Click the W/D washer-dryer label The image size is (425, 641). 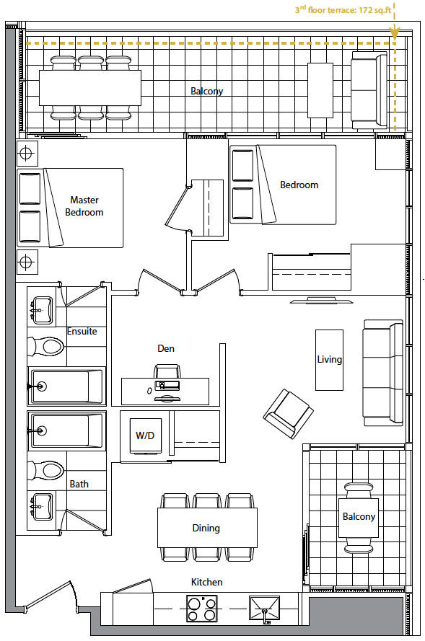[145, 436]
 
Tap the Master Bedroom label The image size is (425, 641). [84, 206]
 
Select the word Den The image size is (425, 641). [166, 348]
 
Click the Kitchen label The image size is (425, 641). [207, 582]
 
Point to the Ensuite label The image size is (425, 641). [82, 331]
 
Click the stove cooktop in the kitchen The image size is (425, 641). [201, 609]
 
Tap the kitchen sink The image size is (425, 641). [265, 609]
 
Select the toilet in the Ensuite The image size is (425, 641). [45, 347]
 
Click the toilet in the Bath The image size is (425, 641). [45, 471]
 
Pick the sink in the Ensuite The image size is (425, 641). [42, 311]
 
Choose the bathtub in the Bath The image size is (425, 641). [66, 430]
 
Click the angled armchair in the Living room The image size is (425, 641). [289, 414]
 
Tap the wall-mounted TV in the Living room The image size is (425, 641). [322, 301]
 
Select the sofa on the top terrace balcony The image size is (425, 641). [369, 90]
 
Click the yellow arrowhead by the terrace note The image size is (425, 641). [394, 33]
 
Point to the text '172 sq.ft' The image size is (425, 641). [375, 10]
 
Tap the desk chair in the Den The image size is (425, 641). [167, 371]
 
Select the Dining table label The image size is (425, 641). [206, 529]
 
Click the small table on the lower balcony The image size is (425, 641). [359, 518]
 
